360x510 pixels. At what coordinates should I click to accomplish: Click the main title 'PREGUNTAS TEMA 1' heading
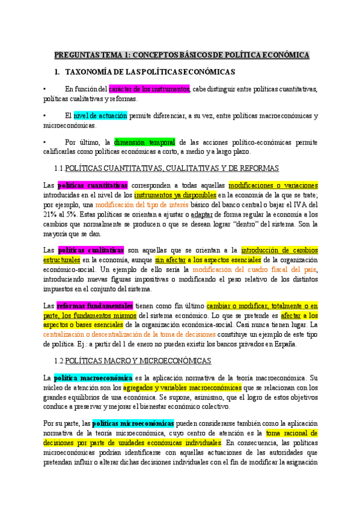coord(182,55)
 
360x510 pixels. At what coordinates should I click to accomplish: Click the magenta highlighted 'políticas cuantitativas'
coord(93,185)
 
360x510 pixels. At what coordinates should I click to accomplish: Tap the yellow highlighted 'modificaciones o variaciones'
coord(273,185)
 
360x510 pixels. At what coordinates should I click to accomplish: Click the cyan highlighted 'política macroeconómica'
coord(93,378)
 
